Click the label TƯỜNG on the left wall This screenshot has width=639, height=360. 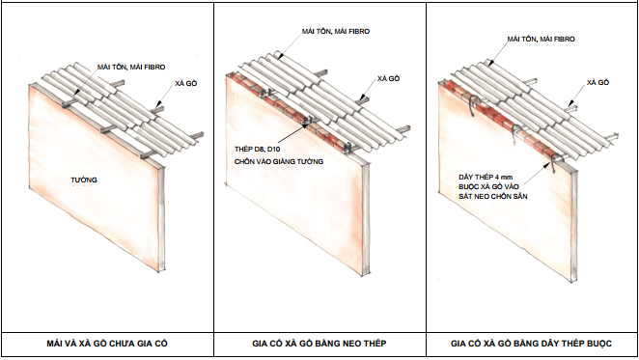click(84, 180)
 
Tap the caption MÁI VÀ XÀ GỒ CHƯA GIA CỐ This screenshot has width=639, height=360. click(107, 344)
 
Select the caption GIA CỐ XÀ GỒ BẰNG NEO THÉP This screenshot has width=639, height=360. click(319, 344)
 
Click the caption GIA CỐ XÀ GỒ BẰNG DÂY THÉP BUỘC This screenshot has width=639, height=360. click(532, 344)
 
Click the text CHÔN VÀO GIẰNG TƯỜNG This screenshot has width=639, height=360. click(279, 161)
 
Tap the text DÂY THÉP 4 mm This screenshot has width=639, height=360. click(486, 177)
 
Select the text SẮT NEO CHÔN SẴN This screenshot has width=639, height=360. click(492, 196)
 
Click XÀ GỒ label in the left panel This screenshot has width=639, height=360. click(186, 84)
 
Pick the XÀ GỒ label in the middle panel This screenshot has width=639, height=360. click(388, 78)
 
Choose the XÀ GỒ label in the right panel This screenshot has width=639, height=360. click(597, 82)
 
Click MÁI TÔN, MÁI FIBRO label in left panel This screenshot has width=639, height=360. click(131, 67)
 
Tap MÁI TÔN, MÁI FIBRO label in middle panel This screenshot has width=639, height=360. click(336, 32)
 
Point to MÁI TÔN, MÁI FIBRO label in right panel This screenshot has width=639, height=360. click(541, 40)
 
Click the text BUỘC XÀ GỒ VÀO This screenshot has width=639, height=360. click(488, 186)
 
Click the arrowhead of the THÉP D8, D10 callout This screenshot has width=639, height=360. click(306, 125)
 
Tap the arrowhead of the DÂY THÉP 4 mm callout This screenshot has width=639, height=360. click(549, 164)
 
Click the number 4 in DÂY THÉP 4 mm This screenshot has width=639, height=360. click(497, 177)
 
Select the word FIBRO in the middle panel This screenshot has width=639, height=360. click(358, 32)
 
